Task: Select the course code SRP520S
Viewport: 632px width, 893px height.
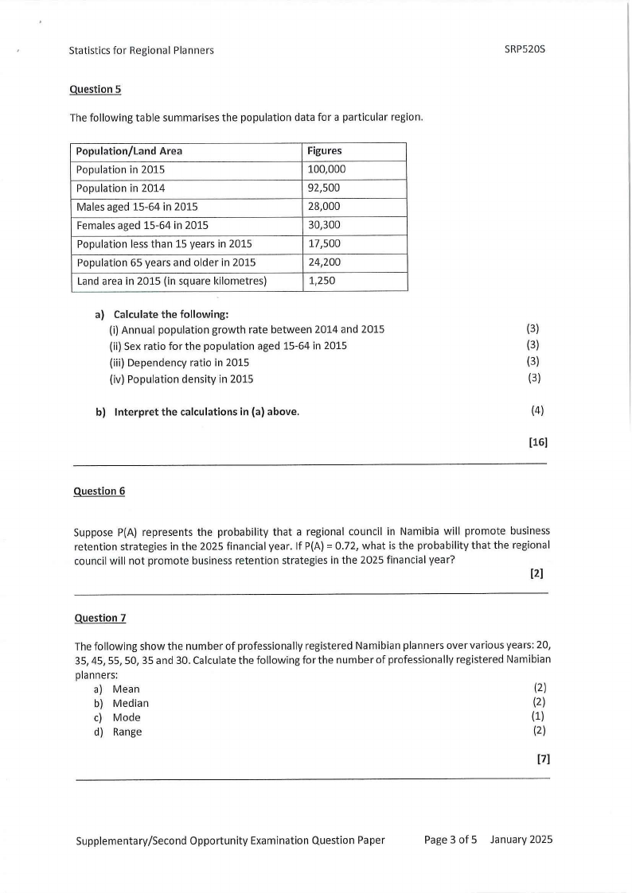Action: [525, 49]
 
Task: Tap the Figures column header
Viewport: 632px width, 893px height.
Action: [325, 151]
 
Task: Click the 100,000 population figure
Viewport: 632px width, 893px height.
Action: [326, 169]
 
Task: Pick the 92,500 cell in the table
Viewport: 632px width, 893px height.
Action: [324, 188]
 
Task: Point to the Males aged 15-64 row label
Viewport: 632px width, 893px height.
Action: [137, 207]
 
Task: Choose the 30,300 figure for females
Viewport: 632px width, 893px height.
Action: [324, 225]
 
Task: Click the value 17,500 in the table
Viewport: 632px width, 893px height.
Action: [324, 243]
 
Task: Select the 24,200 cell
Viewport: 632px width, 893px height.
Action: [324, 262]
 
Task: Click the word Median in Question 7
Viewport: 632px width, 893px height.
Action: [131, 703]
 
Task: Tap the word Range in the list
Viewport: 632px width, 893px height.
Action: [127, 732]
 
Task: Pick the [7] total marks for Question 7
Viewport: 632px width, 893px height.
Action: [543, 759]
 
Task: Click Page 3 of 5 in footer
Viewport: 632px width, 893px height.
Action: [451, 840]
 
